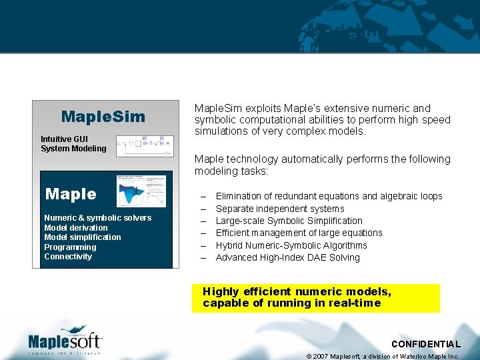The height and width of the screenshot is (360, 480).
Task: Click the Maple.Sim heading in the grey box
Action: tap(103, 117)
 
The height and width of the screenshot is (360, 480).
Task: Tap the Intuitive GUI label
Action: tap(63, 139)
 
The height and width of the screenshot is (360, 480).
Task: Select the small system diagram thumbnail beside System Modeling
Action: tap(144, 145)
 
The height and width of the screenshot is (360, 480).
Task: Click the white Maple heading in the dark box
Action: tap(71, 194)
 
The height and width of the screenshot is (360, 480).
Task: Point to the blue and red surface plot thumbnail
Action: tap(141, 191)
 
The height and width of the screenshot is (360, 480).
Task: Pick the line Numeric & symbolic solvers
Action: tap(97, 218)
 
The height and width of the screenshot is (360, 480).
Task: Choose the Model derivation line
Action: tap(75, 228)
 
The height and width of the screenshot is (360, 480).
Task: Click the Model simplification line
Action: tap(82, 237)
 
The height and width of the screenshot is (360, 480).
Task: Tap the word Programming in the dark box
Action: tap(70, 247)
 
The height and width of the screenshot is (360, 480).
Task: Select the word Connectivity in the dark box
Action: tap(68, 257)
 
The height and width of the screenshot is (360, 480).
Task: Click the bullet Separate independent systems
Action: tap(280, 209)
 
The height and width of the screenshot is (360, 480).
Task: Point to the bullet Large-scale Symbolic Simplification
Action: tap(289, 221)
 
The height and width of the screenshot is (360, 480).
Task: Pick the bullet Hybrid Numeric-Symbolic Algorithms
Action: tap(291, 245)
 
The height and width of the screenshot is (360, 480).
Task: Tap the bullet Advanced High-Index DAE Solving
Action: tap(287, 257)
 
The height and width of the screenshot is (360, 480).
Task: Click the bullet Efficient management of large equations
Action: tap(299, 233)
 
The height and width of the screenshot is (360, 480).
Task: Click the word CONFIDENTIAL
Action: tap(425, 344)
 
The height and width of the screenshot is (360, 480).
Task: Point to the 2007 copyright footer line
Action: tap(383, 356)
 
